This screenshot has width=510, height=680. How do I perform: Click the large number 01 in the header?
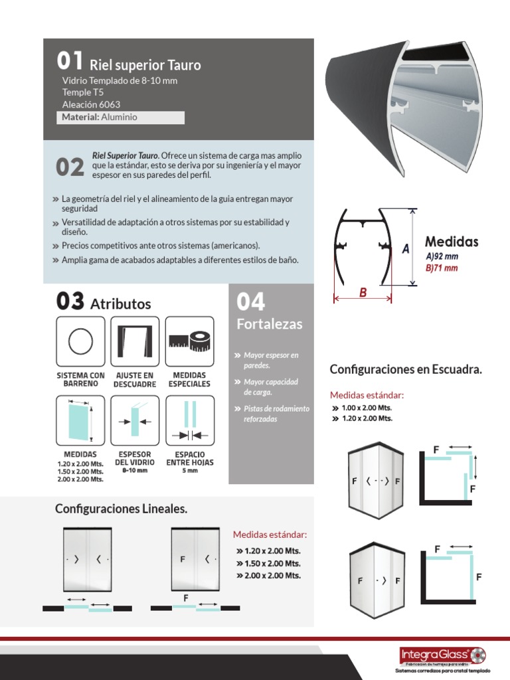[69, 61]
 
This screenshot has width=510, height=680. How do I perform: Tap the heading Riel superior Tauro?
[145, 65]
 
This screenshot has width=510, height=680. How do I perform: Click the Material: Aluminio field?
[121, 118]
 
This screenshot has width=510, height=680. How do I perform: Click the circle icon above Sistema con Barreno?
[80, 341]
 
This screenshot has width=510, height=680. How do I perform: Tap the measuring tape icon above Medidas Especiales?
[190, 341]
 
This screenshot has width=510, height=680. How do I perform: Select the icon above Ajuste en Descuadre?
[135, 341]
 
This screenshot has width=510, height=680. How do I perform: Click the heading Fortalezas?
[269, 324]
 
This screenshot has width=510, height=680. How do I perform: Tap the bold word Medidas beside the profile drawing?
[452, 242]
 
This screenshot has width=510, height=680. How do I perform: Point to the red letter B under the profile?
[363, 293]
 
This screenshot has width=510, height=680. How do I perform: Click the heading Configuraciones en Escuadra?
[406, 369]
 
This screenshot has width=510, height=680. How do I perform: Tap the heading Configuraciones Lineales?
[121, 509]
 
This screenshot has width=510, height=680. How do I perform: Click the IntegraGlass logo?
[442, 656]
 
